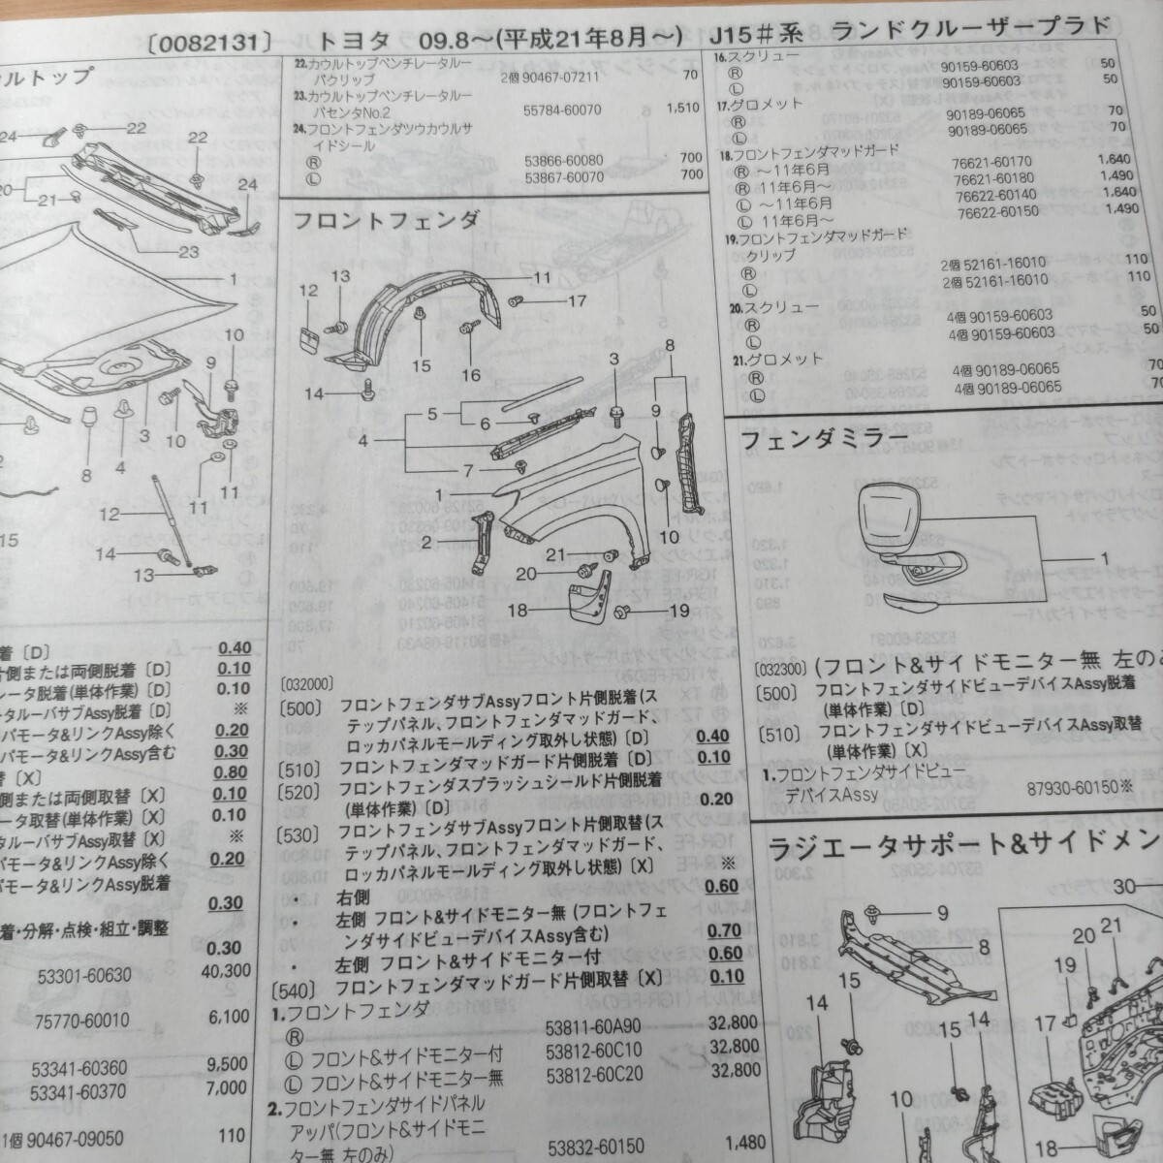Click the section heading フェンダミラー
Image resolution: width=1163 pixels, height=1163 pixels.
point(825,439)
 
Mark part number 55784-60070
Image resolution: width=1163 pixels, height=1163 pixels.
point(564,110)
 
